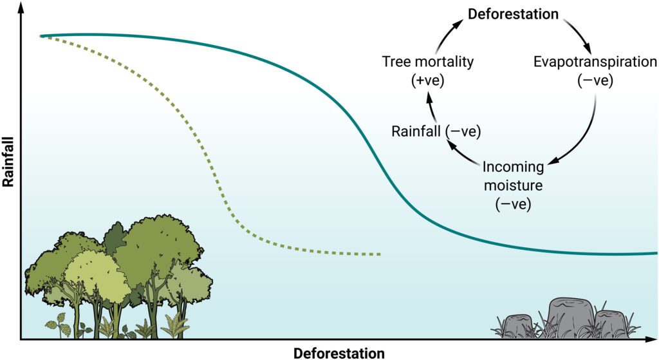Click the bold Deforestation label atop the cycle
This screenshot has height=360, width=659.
(513, 14)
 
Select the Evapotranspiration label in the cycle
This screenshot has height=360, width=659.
(595, 62)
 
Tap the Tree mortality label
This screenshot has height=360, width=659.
(428, 62)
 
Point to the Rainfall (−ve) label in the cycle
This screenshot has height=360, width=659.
(436, 131)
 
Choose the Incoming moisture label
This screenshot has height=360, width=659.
(513, 176)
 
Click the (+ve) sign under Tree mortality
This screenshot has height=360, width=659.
(428, 80)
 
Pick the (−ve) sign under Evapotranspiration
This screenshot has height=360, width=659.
(595, 80)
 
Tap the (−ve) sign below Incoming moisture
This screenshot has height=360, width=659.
(513, 204)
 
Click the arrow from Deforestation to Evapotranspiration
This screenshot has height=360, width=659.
(579, 33)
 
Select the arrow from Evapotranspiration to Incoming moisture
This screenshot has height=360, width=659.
(587, 135)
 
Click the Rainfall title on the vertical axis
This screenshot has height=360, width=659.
(8, 162)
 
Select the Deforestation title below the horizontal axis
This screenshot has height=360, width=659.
(339, 353)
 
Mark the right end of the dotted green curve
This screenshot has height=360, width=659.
(380, 254)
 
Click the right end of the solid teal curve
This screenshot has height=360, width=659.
(656, 253)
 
